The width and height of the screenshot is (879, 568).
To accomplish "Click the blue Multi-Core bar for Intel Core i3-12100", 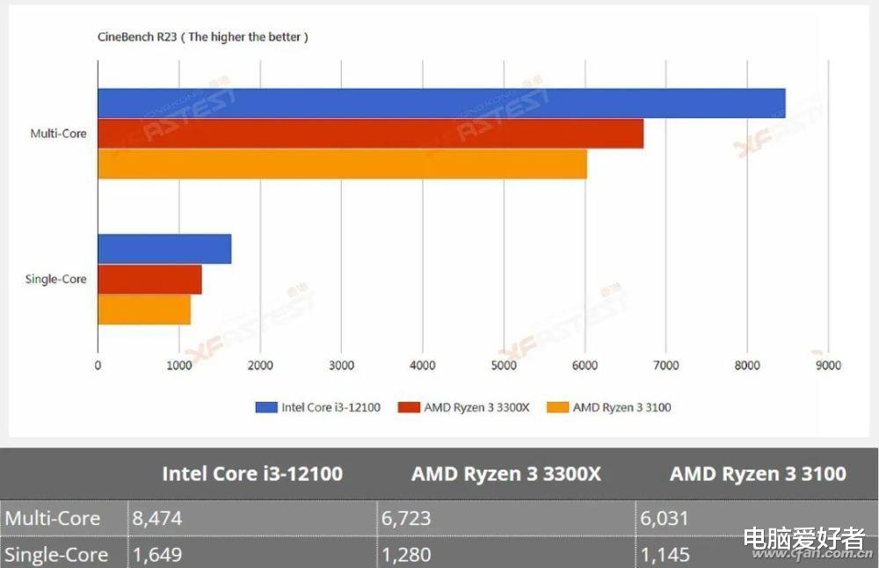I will click(x=440, y=103).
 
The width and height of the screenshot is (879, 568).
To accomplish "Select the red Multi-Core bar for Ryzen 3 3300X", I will click(x=370, y=134).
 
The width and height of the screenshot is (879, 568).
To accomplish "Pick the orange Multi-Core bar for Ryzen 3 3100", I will click(x=342, y=164).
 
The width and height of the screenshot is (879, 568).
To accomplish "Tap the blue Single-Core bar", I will click(x=164, y=249).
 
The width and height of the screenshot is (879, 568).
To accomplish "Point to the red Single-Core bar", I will click(x=149, y=280).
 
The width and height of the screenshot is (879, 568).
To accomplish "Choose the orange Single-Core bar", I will click(x=144, y=310).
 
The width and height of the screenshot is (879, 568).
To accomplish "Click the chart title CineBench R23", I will click(x=202, y=38).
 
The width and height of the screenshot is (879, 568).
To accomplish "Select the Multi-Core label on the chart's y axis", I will click(x=59, y=134).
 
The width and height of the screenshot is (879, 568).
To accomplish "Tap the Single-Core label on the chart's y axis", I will click(x=57, y=280).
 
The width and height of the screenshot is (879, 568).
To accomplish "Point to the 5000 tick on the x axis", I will click(x=503, y=365).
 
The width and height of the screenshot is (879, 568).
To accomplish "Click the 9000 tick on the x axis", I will click(x=828, y=365).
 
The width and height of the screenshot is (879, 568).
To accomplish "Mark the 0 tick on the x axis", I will click(x=98, y=365).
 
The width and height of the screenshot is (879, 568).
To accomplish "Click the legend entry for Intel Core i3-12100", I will click(x=318, y=407).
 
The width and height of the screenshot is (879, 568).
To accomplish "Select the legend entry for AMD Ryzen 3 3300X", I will click(x=463, y=407).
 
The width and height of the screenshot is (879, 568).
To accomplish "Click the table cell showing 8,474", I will click(x=158, y=518).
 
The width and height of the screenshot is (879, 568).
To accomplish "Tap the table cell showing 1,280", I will click(x=408, y=555).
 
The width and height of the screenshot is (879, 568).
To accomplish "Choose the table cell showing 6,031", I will click(x=665, y=518).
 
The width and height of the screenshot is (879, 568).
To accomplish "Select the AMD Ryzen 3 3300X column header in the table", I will click(x=506, y=474).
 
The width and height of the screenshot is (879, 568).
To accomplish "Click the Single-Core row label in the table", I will click(x=56, y=555).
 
